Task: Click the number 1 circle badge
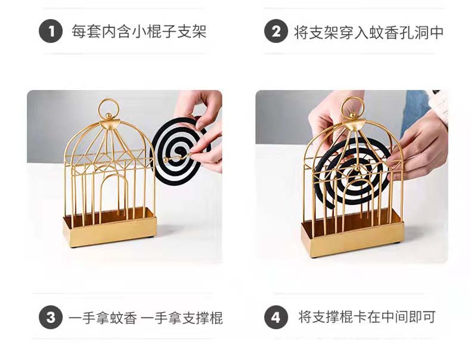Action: click(x=51, y=31)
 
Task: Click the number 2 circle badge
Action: click(x=276, y=31)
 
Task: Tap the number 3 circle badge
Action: click(x=51, y=317)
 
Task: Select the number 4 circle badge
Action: click(x=276, y=317)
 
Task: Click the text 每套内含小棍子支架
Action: click(x=139, y=31)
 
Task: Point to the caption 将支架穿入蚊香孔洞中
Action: click(x=368, y=32)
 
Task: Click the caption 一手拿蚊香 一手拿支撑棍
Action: click(x=145, y=318)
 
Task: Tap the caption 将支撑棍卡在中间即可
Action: click(x=367, y=316)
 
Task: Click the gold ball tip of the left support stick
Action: click(x=166, y=158)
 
